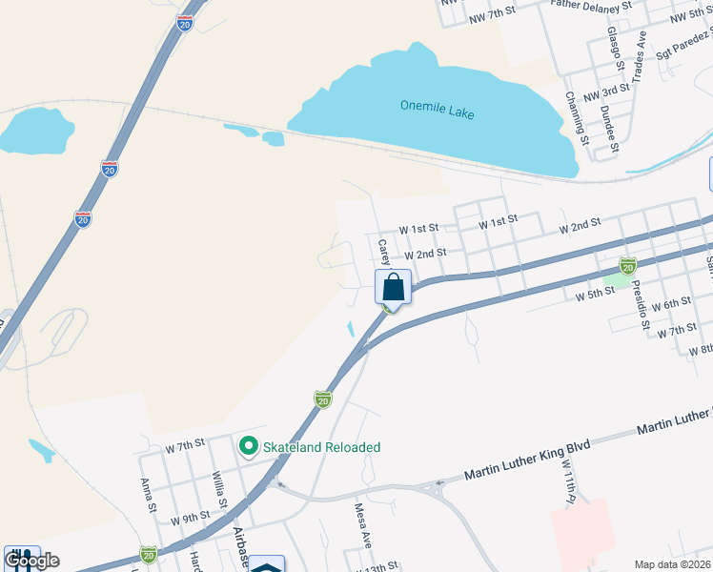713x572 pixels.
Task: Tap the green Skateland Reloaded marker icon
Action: [249, 446]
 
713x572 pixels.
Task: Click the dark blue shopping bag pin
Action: [394, 287]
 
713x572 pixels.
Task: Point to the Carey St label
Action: [382, 252]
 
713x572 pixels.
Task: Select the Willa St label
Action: [218, 488]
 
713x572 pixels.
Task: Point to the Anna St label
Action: [148, 496]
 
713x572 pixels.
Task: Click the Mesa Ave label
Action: [363, 524]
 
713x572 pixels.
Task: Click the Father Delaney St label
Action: [592, 6]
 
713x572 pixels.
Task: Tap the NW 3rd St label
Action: [606, 92]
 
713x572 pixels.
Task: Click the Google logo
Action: [31, 561]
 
